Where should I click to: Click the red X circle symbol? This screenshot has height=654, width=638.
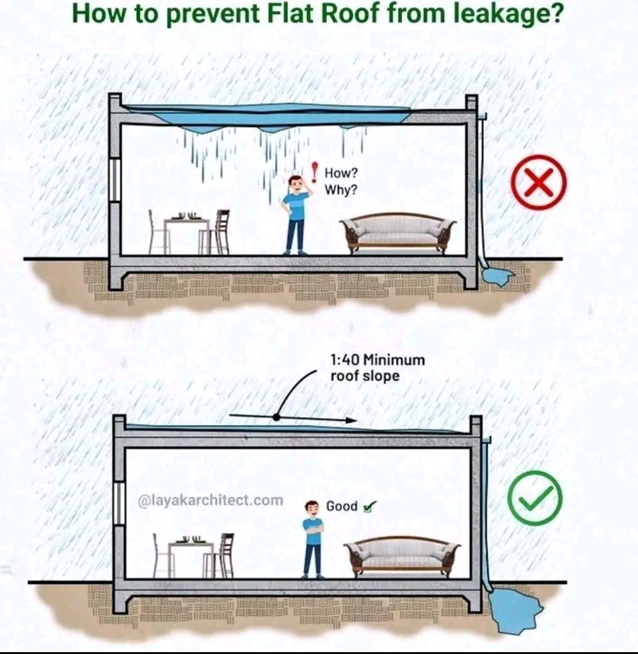click(x=538, y=183)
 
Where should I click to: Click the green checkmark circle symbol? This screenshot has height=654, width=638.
click(x=534, y=499)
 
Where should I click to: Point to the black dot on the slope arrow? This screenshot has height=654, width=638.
click(x=277, y=417)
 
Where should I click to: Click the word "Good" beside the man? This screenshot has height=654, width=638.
click(x=341, y=507)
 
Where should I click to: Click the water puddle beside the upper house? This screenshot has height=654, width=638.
click(x=498, y=276)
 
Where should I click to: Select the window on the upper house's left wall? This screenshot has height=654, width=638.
click(x=115, y=180)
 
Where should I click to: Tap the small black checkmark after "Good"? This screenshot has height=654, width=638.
click(x=370, y=507)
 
